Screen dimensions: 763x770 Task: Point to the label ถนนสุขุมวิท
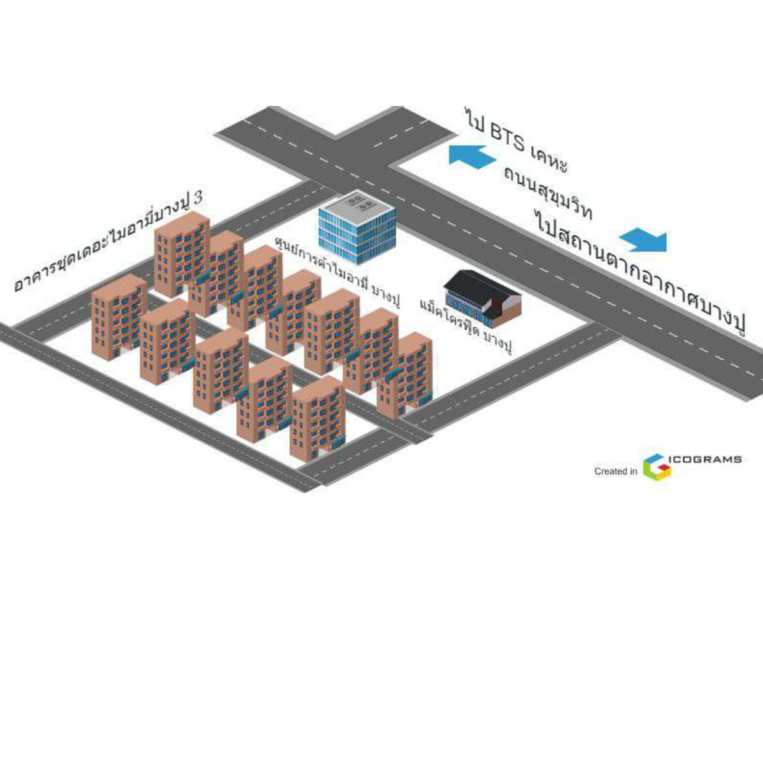[x=547, y=193]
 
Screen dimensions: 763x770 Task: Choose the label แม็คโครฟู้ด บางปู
[x=466, y=325]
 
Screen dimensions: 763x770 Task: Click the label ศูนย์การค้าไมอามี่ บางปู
[x=337, y=272]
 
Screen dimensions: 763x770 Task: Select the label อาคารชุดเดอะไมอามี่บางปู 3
[x=108, y=244]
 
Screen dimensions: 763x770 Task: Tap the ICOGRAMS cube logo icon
[x=656, y=466]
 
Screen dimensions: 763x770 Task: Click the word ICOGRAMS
[x=705, y=459]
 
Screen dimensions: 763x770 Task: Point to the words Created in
[x=615, y=471]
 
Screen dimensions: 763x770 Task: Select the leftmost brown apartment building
[x=118, y=317]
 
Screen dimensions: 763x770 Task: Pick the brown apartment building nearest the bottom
[x=317, y=418]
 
